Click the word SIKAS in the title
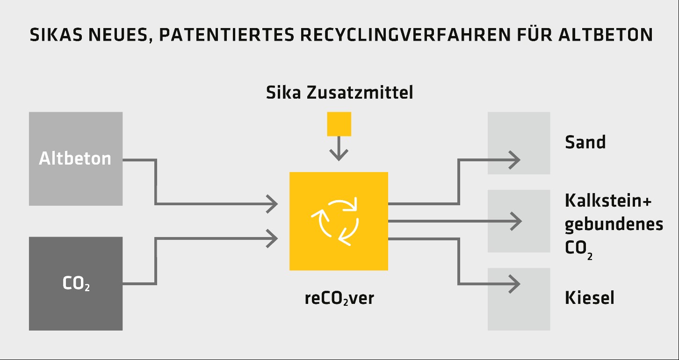[56, 35]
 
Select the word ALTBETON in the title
[606, 35]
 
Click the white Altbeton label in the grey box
[75, 158]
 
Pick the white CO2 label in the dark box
[76, 284]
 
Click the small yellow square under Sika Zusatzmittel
[339, 124]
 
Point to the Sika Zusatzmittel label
[339, 93]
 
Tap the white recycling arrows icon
[335, 221]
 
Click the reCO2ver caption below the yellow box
[339, 298]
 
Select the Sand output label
[585, 142]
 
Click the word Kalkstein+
[608, 201]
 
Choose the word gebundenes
[614, 225]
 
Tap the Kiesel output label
[590, 298]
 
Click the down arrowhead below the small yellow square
[339, 155]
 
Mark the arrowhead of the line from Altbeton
[272, 204]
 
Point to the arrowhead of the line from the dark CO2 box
[272, 238]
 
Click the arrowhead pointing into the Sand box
[514, 160]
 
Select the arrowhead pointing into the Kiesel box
[514, 284]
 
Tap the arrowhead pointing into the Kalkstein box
[516, 221]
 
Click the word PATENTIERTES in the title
[227, 35]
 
